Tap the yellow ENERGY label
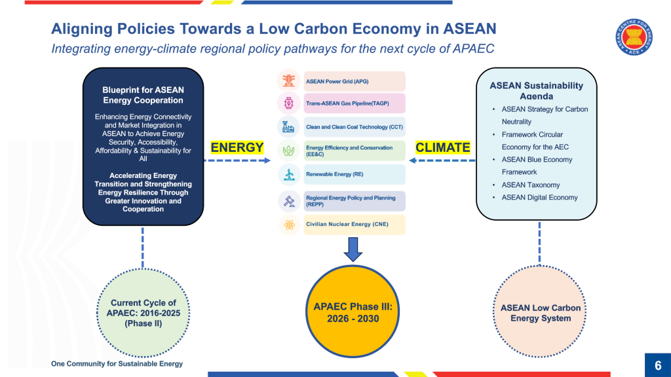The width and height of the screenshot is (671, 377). click(x=237, y=148)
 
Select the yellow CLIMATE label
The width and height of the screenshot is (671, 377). click(x=443, y=148)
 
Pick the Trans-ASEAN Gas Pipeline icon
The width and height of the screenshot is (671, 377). click(x=288, y=103)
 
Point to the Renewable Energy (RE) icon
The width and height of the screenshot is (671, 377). click(x=288, y=175)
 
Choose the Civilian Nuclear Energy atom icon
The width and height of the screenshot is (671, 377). click(x=288, y=225)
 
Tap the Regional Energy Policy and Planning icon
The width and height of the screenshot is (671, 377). click(x=288, y=200)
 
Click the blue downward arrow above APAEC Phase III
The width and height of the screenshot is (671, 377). click(x=353, y=249)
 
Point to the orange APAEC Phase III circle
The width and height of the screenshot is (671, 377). click(x=353, y=313)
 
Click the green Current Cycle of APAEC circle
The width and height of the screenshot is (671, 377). click(x=143, y=313)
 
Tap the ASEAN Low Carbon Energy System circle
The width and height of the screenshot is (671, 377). click(x=540, y=313)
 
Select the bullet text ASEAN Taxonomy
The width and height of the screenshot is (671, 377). click(x=531, y=185)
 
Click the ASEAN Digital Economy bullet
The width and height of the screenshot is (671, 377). click(x=539, y=198)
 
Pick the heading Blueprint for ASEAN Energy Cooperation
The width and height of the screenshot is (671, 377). click(x=143, y=96)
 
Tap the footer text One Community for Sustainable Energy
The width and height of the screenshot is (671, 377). click(x=117, y=364)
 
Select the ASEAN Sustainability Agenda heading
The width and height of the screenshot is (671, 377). click(x=536, y=90)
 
